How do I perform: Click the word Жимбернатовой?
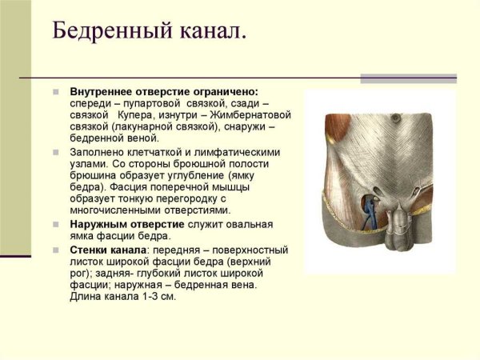click(254, 115)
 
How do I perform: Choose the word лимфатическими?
click(237, 151)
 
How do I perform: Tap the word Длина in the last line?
click(86, 296)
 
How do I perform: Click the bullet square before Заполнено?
click(57, 152)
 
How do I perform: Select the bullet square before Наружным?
click(57, 225)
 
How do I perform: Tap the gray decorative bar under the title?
click(407, 78)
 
